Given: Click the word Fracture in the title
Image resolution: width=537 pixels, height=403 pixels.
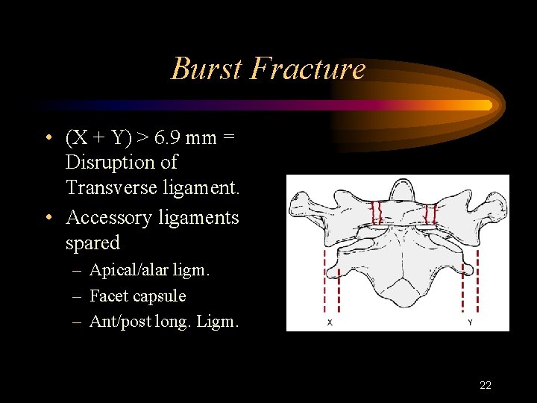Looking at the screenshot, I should [308, 69].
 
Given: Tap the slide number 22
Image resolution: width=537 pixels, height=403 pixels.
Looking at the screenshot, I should [485, 385].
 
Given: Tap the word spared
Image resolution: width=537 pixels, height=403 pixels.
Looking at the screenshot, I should [92, 243].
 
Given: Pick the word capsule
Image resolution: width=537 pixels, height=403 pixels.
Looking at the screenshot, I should [159, 296].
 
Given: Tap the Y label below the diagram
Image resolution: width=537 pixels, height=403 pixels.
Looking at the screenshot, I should [470, 322].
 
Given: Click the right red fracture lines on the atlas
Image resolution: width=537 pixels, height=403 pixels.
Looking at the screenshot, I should [430, 214].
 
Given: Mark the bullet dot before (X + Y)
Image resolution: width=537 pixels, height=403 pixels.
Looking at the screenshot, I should [47, 139].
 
